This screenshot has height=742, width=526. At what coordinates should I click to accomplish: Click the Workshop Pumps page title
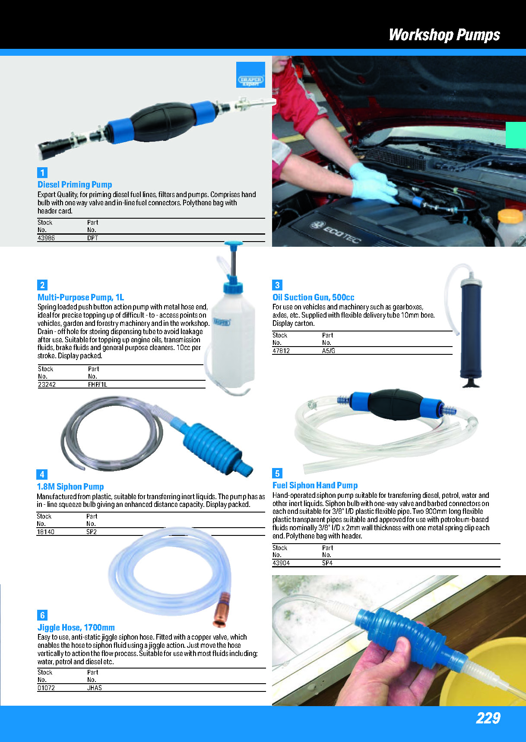point(444,35)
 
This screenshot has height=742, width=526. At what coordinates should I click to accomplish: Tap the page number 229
point(488,718)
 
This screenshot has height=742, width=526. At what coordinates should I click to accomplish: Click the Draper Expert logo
point(250,75)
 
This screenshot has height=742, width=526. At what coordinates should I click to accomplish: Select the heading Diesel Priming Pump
point(75,185)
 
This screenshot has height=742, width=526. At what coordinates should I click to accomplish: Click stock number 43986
point(46,238)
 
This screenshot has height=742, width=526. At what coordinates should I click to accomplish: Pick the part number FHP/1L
point(98,384)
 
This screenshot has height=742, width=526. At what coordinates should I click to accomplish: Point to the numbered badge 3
point(277,285)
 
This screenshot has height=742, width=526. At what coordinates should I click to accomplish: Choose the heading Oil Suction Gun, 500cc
point(313,297)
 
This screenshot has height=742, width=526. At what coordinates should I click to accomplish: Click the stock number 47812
point(281,350)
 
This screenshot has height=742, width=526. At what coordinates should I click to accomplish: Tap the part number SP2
point(92,532)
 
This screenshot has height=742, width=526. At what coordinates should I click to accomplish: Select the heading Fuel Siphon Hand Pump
point(315,485)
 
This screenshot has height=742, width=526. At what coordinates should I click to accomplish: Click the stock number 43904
point(281,563)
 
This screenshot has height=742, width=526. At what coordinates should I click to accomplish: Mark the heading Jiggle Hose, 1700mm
point(76,627)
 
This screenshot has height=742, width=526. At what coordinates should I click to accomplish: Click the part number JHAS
point(95,688)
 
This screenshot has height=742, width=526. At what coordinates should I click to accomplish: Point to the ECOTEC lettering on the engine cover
point(336,232)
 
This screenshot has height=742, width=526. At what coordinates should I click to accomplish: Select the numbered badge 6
point(42,615)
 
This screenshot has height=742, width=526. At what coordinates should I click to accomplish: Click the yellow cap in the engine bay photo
point(510,216)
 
